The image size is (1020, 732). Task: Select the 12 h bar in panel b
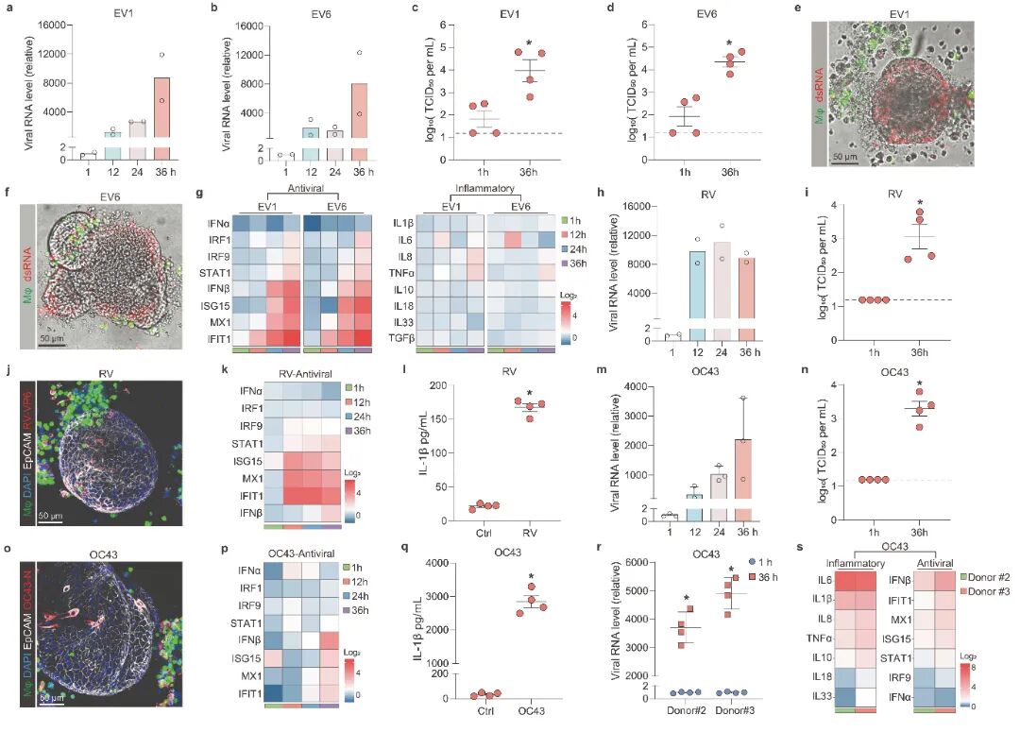pyautogui.click(x=312, y=143)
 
